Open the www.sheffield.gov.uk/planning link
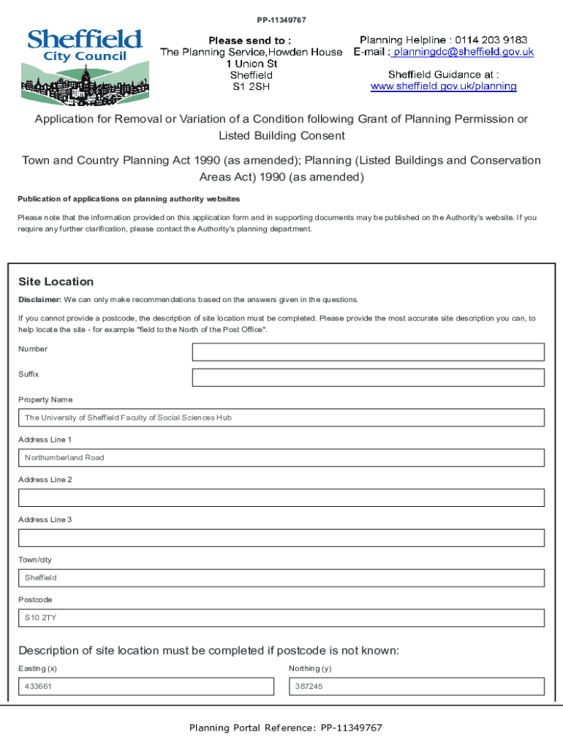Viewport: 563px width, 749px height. click(443, 86)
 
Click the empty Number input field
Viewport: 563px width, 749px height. click(368, 352)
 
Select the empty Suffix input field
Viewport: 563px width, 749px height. click(368, 377)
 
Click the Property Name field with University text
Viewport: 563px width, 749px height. click(281, 418)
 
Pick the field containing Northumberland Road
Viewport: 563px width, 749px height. click(281, 458)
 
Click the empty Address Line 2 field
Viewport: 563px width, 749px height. click(281, 498)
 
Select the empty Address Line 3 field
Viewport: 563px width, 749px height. click(281, 538)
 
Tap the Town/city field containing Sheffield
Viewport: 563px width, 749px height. click(281, 578)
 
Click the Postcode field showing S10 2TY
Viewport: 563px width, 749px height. click(281, 618)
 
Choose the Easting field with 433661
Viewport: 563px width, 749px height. click(146, 687)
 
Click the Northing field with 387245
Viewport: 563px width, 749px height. click(417, 687)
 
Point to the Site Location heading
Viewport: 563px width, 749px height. click(56, 282)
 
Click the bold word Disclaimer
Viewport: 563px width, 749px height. click(39, 300)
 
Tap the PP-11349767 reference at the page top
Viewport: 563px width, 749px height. click(281, 20)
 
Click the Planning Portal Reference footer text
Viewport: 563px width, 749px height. click(286, 728)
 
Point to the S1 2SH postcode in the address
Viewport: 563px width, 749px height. click(251, 86)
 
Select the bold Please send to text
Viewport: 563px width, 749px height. click(250, 40)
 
